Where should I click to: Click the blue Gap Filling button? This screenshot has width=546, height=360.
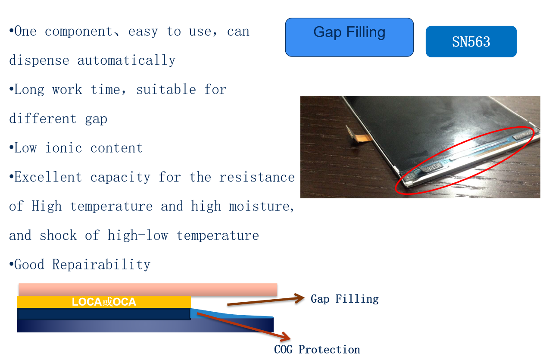click(349, 37)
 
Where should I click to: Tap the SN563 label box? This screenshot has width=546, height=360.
click(471, 41)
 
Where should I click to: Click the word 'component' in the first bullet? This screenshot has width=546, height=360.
click(78, 32)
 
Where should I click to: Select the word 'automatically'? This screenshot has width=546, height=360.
click(126, 60)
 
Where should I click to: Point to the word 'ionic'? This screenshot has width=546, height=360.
click(64, 148)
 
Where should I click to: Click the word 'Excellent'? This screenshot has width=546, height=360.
click(48, 177)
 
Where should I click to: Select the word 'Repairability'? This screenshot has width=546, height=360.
click(101, 264)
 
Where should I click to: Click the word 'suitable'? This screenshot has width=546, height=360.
click(166, 89)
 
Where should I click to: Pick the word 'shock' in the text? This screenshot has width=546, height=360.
click(58, 235)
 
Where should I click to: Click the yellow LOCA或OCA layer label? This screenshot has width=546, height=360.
click(104, 302)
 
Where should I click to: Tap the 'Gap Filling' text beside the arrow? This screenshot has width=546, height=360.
click(345, 299)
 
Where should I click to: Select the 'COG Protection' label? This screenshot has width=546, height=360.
click(317, 350)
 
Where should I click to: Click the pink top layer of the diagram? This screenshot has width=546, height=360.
click(148, 290)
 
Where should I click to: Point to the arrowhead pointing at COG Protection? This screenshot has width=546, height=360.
click(286, 337)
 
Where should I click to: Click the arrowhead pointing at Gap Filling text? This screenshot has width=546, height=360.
click(300, 298)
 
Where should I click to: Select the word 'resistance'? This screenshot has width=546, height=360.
click(257, 177)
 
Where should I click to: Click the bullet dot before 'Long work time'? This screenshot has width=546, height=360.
click(11, 89)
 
